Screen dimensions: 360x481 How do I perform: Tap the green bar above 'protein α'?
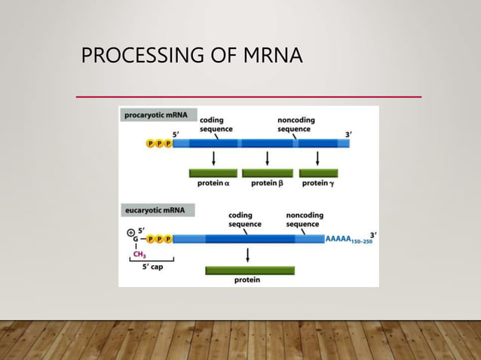pyautogui.click(x=213, y=172)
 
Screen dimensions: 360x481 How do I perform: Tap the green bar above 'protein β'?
pyautogui.click(x=267, y=172)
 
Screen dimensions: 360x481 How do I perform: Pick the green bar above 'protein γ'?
pyautogui.click(x=318, y=172)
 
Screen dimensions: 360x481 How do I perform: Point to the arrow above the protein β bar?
pyautogui.click(x=267, y=157)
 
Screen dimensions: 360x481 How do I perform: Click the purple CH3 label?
pyautogui.click(x=139, y=255)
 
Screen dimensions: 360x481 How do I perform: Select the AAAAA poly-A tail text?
pyautogui.click(x=339, y=239)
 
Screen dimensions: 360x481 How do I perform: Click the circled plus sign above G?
pyautogui.click(x=130, y=231)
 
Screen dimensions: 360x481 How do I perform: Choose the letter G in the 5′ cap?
pyautogui.click(x=136, y=239)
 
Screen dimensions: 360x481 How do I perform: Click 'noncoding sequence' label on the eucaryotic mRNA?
pyautogui.click(x=305, y=219)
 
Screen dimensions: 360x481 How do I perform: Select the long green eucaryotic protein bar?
pyautogui.click(x=250, y=270)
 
